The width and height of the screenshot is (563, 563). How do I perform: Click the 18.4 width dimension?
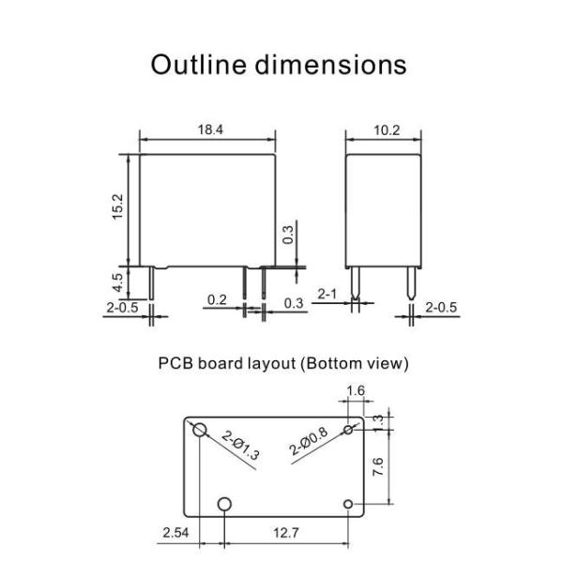(207, 130)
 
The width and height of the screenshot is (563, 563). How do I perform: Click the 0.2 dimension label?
(217, 300)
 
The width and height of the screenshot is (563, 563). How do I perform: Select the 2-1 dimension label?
(327, 295)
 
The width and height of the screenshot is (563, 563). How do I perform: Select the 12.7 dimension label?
(288, 534)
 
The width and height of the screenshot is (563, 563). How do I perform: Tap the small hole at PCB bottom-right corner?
(348, 505)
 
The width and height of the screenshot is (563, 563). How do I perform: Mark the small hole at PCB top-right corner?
(348, 430)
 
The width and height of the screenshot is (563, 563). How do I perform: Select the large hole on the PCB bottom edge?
(224, 505)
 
